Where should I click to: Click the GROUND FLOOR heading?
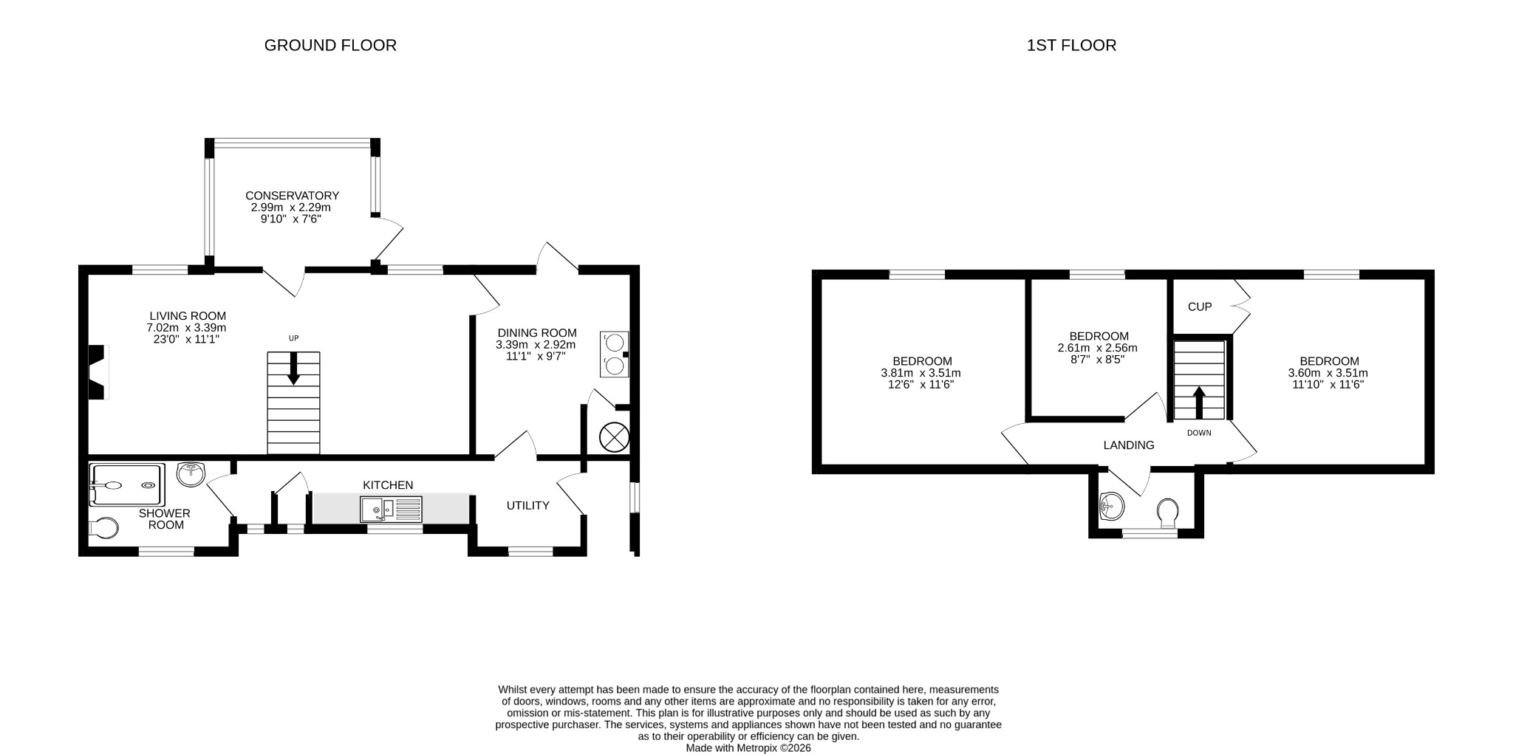(330, 45)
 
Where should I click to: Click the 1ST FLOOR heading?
(1071, 45)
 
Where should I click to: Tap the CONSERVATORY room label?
(293, 196)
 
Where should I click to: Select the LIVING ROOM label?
(188, 316)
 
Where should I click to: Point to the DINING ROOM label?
(537, 333)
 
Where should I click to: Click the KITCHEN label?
(388, 485)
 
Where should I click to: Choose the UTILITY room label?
(528, 506)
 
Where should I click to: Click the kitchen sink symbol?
(391, 510)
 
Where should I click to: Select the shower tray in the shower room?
(126, 484)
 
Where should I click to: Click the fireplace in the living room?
(98, 372)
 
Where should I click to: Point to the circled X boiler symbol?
(614, 436)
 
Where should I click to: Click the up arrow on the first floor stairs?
(1199, 403)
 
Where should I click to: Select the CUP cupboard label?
(1200, 306)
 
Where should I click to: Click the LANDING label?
(1129, 445)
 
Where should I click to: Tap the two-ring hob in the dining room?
(614, 354)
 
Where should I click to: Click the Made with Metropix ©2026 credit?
(748, 748)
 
